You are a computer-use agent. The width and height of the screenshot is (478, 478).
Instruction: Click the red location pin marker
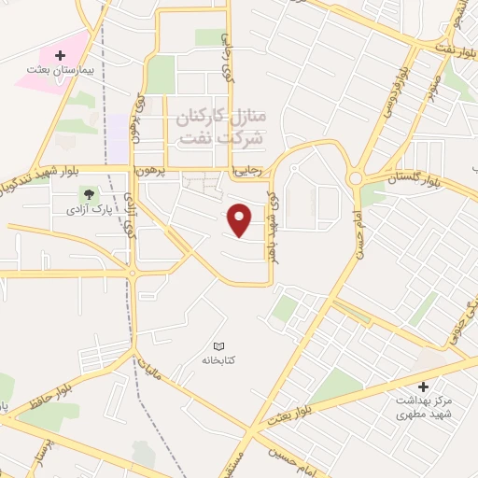tap(241, 220)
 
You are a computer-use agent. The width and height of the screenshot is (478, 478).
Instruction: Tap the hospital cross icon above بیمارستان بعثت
tap(61, 56)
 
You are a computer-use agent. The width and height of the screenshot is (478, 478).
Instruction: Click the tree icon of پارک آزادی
tap(89, 195)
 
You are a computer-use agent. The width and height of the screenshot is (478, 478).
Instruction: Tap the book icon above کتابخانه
tap(220, 346)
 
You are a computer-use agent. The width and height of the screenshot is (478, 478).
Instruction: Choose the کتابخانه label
tap(220, 358)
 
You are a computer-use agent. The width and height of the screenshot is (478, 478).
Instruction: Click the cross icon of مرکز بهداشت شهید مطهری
tap(423, 386)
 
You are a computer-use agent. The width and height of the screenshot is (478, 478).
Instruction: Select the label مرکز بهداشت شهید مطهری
tap(423, 404)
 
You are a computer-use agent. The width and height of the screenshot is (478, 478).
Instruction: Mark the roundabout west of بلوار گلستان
tap(356, 178)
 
